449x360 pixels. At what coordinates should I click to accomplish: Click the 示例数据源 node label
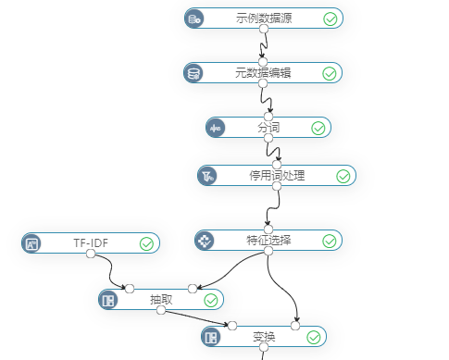(x=264, y=18)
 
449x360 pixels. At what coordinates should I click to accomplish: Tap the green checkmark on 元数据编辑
(x=329, y=74)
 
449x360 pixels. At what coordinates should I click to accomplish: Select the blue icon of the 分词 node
(x=216, y=128)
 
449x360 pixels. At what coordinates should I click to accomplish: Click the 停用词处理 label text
(x=277, y=176)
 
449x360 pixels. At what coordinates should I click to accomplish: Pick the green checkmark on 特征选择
(x=329, y=242)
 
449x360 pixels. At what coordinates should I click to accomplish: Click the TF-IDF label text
(x=91, y=243)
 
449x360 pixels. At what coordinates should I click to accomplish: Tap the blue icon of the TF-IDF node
(x=31, y=243)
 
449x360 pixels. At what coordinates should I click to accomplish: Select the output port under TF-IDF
(x=91, y=254)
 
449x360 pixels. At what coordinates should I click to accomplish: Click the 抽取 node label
(x=161, y=300)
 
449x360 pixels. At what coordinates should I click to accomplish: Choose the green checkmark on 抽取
(x=211, y=301)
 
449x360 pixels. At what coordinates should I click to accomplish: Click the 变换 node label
(x=264, y=337)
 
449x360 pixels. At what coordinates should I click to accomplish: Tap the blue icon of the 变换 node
(x=211, y=337)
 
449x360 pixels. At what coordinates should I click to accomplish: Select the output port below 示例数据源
(x=264, y=29)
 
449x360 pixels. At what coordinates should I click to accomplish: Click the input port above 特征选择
(x=268, y=229)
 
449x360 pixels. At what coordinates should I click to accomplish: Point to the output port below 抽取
(x=161, y=310)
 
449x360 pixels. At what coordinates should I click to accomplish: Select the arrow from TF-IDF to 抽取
(x=110, y=271)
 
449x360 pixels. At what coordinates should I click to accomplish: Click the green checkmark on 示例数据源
(x=330, y=19)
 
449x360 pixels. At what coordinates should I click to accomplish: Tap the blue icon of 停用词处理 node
(x=207, y=176)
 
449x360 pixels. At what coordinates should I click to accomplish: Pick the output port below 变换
(x=264, y=347)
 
